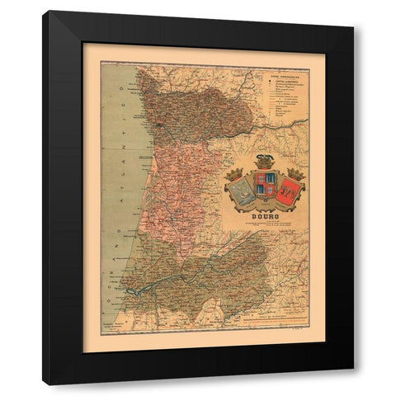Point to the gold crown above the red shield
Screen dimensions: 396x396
tap(295, 174)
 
